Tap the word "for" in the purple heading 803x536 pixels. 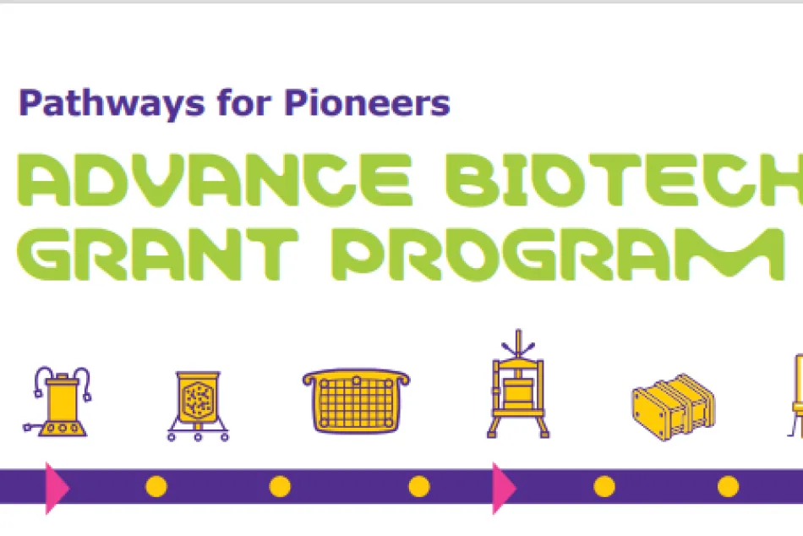point(244,102)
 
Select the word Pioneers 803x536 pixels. point(367,102)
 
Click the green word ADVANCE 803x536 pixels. point(215,180)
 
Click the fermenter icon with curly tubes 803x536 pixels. point(57,402)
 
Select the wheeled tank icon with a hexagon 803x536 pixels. point(198,406)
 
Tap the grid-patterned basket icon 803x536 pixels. point(357,401)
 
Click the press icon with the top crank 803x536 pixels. point(518,385)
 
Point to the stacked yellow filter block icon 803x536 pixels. point(674,407)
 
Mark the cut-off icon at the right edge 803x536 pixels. point(795,396)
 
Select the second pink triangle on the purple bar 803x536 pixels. point(504,488)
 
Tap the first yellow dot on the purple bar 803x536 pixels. point(156,486)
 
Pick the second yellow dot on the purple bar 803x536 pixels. point(280,486)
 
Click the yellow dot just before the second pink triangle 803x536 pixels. point(419,486)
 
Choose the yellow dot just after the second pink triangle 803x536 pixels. point(604,486)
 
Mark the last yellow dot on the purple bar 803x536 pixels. point(729,486)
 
